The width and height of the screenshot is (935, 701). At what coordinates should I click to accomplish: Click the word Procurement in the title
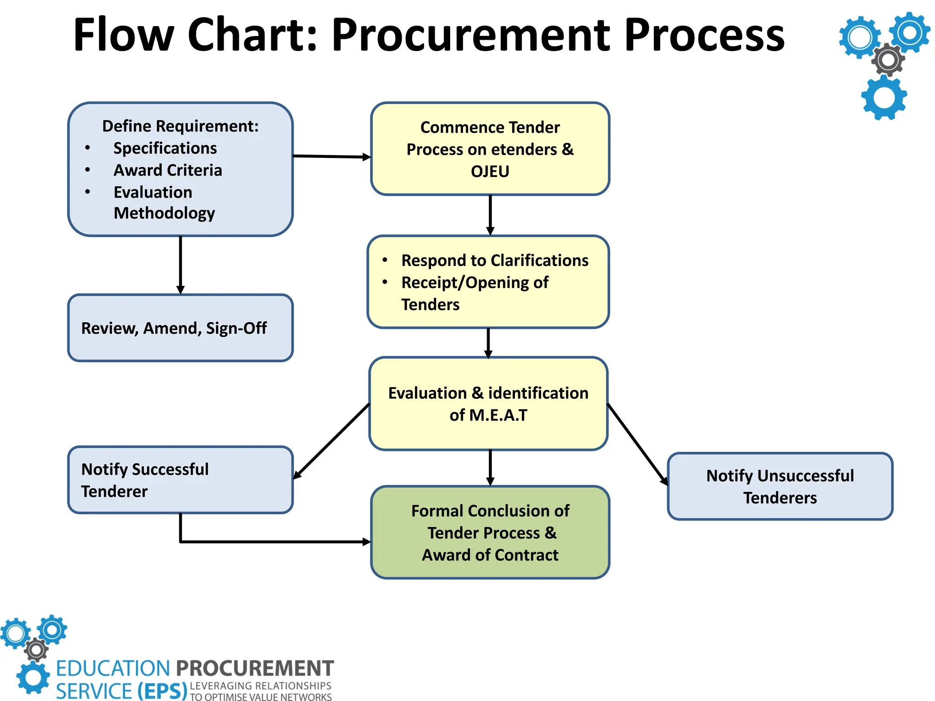coord(470,36)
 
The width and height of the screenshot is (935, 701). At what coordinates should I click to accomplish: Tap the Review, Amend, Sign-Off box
coord(180,328)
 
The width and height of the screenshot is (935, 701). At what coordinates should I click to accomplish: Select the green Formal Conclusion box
coord(490,533)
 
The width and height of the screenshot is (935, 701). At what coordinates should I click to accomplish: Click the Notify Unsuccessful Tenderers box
coord(780,487)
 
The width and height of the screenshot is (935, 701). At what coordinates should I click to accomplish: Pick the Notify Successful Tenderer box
coord(180,480)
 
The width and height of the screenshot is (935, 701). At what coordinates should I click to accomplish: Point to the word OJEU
coord(490,172)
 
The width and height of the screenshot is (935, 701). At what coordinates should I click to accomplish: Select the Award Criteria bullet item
coord(168,170)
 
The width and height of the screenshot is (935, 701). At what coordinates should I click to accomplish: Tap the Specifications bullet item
coord(165,148)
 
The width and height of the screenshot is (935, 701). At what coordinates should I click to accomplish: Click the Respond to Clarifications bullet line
coord(494,261)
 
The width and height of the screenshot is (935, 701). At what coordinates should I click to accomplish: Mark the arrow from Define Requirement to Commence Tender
coord(331,157)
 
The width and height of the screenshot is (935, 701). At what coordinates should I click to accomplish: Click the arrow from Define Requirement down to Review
coord(180,265)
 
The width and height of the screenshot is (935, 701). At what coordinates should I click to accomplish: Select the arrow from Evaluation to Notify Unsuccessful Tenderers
coord(637,444)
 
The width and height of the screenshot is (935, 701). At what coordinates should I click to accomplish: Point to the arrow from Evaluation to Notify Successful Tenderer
coord(331,441)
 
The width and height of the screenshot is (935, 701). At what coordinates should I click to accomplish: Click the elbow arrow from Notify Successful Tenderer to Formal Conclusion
coord(274,542)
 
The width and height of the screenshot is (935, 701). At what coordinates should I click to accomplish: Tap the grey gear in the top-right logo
coord(888,60)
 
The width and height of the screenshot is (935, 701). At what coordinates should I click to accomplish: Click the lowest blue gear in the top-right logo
coord(884,98)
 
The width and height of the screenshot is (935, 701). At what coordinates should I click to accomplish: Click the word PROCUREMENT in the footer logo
coord(255,669)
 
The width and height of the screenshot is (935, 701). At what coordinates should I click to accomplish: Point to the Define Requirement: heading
coord(180,126)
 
